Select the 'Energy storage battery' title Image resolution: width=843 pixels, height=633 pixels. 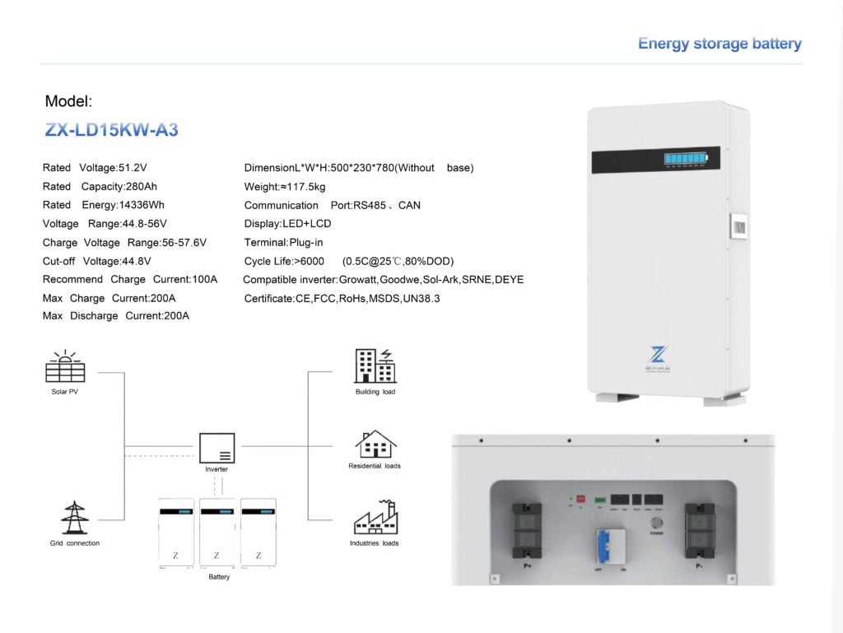click(720, 44)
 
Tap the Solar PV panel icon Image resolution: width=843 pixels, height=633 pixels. click(65, 367)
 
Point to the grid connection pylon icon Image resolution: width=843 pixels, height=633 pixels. click(74, 518)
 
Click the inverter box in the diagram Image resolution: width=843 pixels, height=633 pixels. click(217, 448)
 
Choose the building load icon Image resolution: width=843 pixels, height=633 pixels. click(375, 366)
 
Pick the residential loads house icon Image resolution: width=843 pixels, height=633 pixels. click(375, 444)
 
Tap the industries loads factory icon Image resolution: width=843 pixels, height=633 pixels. click(375, 518)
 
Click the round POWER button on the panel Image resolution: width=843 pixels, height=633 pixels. click(656, 523)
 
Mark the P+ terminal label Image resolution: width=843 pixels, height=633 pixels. click(527, 566)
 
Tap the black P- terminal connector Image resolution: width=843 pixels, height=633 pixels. click(700, 530)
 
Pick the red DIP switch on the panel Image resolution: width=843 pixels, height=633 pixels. click(580, 499)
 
